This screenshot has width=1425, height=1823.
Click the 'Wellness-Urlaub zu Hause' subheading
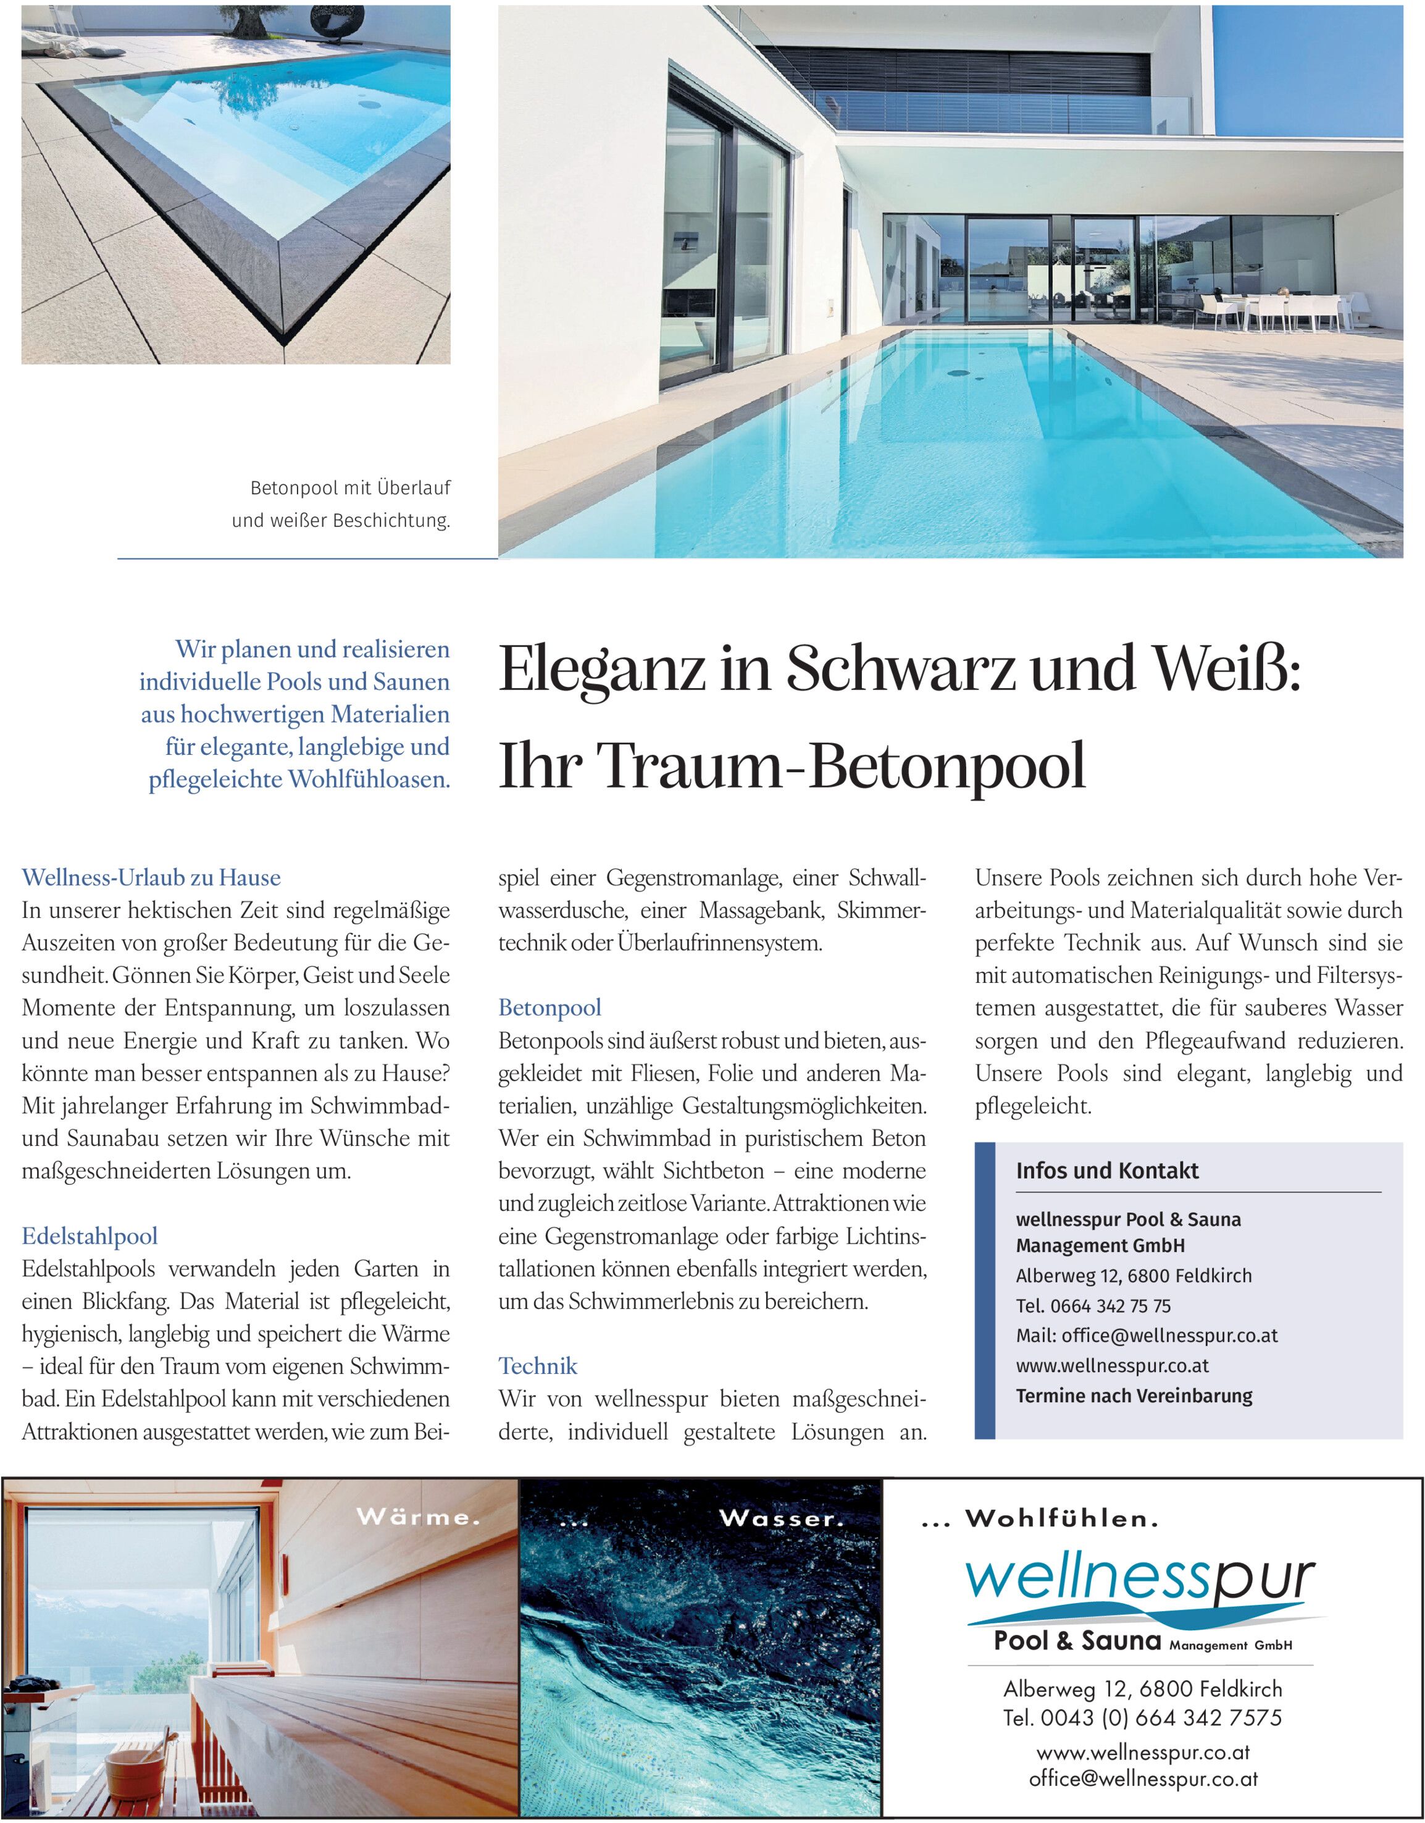[x=151, y=877]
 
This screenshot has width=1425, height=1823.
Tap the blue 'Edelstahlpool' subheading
[x=90, y=1236]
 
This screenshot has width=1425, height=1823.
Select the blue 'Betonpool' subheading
[x=550, y=1008]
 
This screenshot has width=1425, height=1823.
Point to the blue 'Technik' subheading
[x=538, y=1366]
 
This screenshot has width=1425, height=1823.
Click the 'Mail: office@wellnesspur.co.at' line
[x=1147, y=1336]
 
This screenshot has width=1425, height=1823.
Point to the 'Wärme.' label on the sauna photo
[x=418, y=1517]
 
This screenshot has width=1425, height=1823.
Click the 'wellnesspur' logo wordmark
[x=1140, y=1579]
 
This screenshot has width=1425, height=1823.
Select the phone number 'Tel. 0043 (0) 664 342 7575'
[x=1142, y=1719]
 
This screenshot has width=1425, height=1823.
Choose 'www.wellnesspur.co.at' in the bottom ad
[x=1142, y=1753]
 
